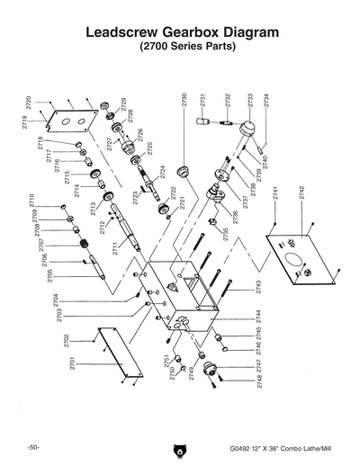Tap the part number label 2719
coord(26,119)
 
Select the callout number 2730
coord(184,101)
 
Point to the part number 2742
coord(301,195)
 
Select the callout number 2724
coord(162,172)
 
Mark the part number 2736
coord(236,216)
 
